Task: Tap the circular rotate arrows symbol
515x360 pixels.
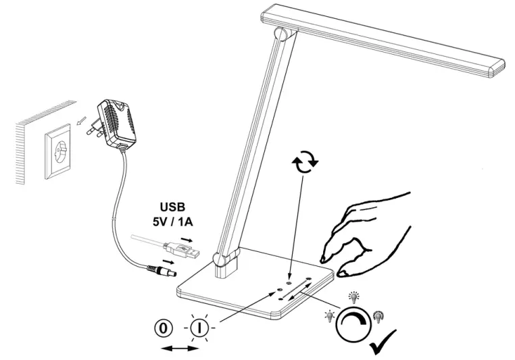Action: tap(303, 164)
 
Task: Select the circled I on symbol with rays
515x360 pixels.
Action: tap(199, 329)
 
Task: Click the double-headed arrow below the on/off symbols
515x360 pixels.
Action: tap(181, 348)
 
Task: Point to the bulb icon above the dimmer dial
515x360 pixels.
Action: tap(353, 298)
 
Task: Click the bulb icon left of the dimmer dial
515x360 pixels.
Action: tap(329, 315)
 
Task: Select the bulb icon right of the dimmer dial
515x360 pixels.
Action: tap(378, 315)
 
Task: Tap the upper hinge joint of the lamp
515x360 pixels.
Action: tap(280, 33)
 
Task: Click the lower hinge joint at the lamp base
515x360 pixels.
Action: tap(220, 258)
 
